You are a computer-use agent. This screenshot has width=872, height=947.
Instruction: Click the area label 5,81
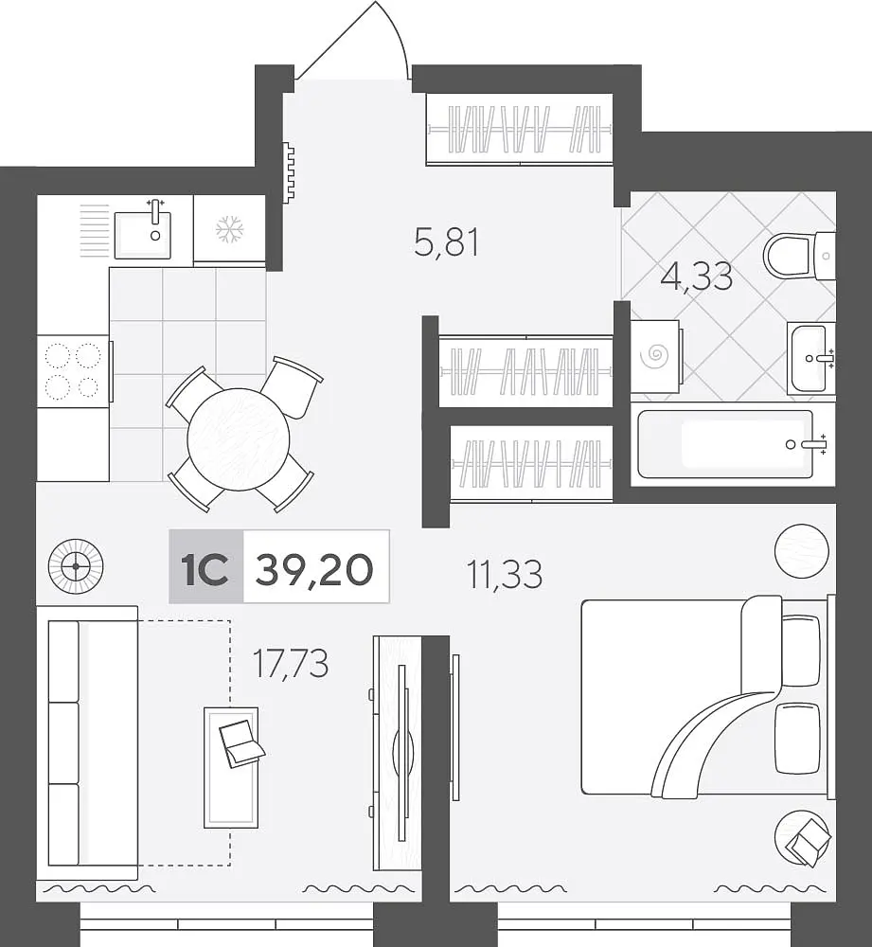click(446, 243)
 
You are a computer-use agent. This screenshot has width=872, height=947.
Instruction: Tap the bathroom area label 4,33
click(696, 276)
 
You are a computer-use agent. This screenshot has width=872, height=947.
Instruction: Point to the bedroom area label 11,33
click(505, 574)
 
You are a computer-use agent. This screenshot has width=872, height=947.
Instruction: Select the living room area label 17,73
click(291, 663)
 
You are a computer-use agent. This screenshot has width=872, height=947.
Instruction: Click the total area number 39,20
click(314, 569)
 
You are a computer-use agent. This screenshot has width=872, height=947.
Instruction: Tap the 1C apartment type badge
click(205, 567)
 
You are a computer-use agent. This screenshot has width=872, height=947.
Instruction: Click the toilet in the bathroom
click(799, 256)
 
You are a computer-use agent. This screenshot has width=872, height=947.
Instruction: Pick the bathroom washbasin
click(811, 358)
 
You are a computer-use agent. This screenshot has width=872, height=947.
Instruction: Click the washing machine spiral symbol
click(655, 356)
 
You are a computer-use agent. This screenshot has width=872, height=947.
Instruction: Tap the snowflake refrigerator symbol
click(229, 229)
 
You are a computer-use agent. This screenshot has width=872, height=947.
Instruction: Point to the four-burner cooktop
click(73, 371)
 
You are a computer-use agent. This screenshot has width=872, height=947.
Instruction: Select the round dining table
click(239, 439)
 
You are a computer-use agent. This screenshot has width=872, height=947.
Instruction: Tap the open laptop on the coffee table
click(240, 742)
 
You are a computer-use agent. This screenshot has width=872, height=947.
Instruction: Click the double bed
click(703, 696)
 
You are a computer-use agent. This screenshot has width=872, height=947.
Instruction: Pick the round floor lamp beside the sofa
click(76, 566)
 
